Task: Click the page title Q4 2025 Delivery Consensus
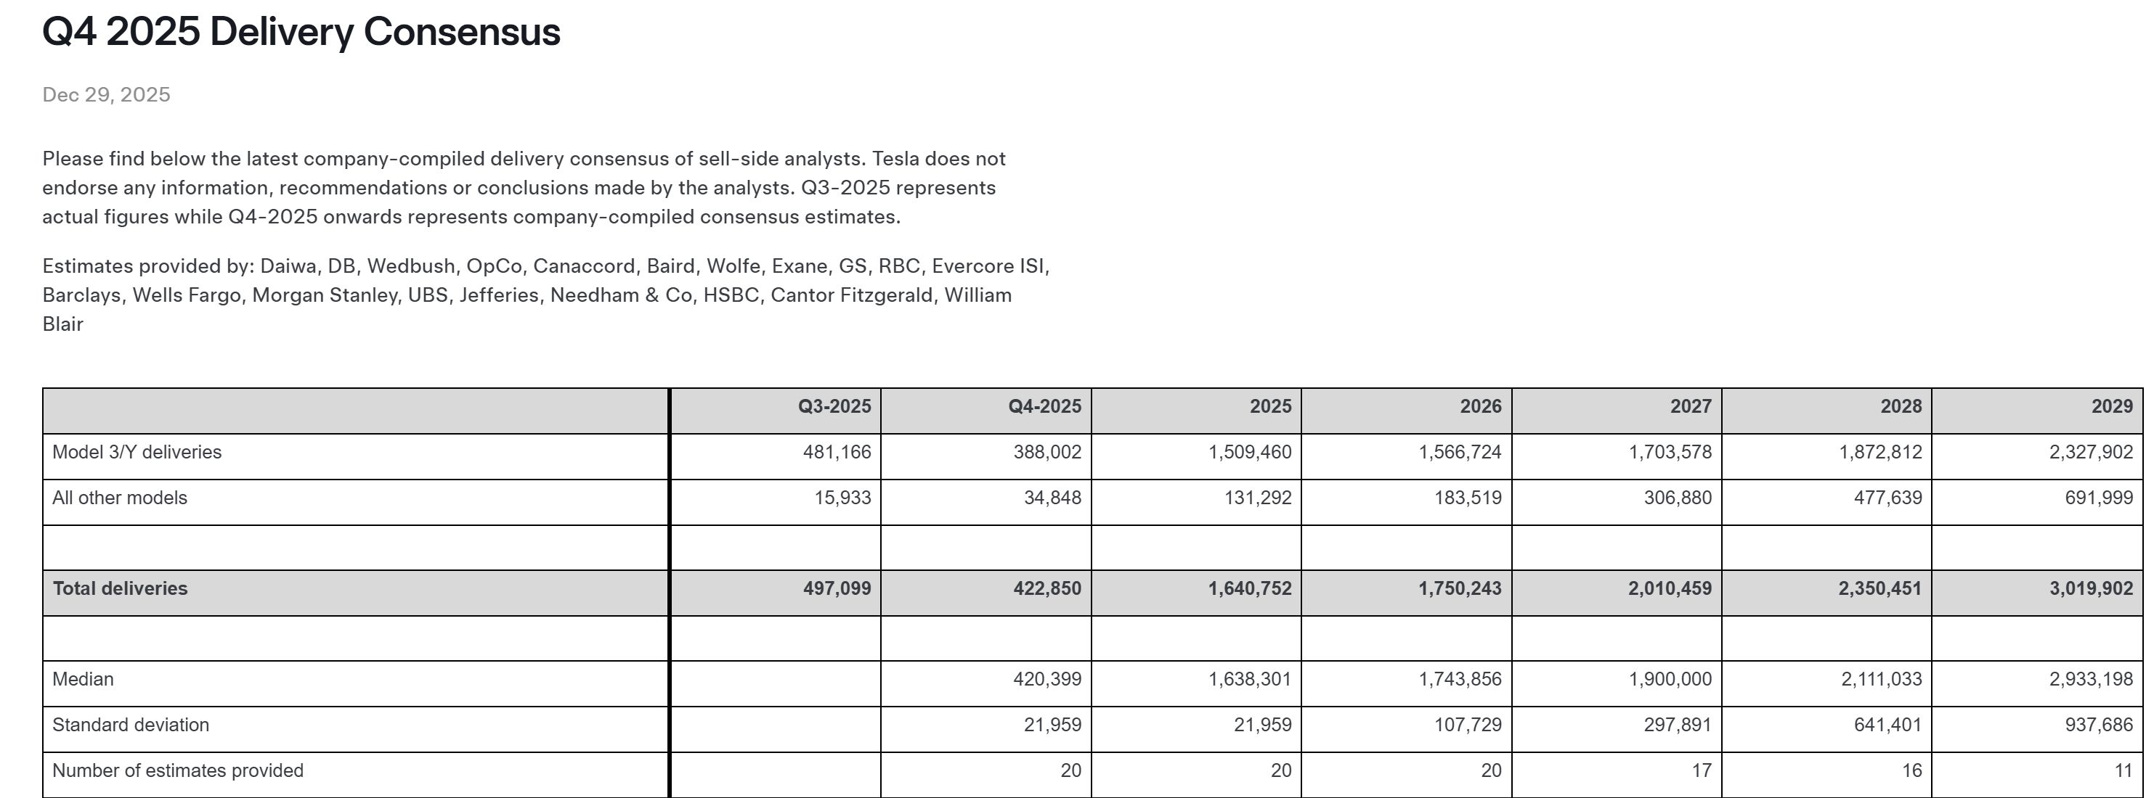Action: coord(301,33)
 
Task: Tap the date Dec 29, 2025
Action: coord(106,95)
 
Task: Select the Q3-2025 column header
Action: coord(834,407)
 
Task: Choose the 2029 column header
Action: coord(2111,407)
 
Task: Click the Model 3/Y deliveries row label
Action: coord(137,453)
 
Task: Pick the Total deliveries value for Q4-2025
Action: coord(1046,589)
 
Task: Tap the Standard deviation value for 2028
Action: coord(1887,725)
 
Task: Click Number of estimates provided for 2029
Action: coord(2123,771)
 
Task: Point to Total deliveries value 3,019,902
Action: coord(2090,589)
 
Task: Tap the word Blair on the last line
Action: coord(62,324)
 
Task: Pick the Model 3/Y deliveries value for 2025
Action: coord(1249,453)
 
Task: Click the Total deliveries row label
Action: coord(120,589)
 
